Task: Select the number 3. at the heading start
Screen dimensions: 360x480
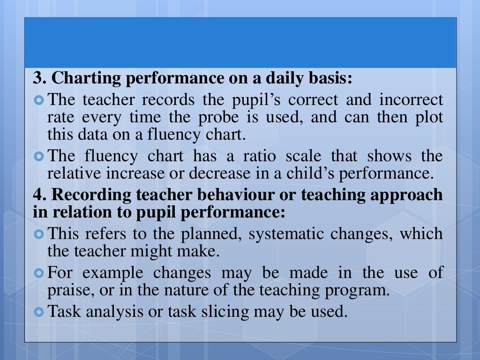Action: pos(39,78)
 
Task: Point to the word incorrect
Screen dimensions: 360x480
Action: pos(411,99)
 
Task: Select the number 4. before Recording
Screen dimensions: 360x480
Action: pos(39,195)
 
